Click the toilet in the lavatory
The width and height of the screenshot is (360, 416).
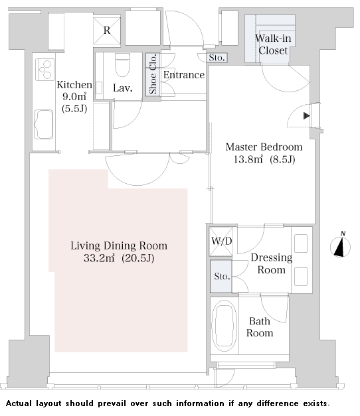coord(122,65)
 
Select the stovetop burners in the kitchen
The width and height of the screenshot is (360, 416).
coord(45,70)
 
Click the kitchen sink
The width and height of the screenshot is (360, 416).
coord(44,125)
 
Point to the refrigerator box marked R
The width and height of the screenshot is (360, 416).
coord(107,31)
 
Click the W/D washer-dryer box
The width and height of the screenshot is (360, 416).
coord(221,241)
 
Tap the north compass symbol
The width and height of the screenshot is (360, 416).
coord(340,245)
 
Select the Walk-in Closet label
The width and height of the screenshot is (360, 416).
coord(273,44)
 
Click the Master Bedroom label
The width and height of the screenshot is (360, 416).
coord(264,147)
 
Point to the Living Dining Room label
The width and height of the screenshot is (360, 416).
coord(119,245)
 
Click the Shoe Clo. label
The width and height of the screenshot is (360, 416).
coord(153,74)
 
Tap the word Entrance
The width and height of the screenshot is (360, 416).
coord(184,75)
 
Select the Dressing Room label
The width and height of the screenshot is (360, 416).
coord(272,263)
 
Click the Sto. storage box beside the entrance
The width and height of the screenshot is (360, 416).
coord(217,58)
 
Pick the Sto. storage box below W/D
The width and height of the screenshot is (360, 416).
coord(221,276)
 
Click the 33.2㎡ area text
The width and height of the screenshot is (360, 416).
coord(99,258)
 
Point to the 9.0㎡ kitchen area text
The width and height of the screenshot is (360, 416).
coord(74,97)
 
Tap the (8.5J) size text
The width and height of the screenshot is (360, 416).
coord(282,159)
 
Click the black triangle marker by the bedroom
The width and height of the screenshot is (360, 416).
coord(307,115)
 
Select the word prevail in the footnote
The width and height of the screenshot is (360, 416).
coord(112,404)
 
